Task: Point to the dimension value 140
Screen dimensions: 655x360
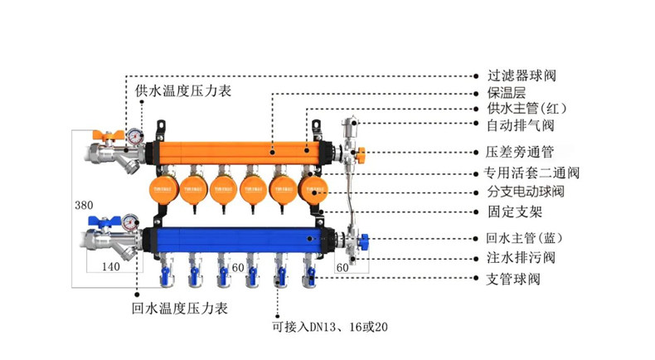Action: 112,267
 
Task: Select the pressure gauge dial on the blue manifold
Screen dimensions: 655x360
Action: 130,222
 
